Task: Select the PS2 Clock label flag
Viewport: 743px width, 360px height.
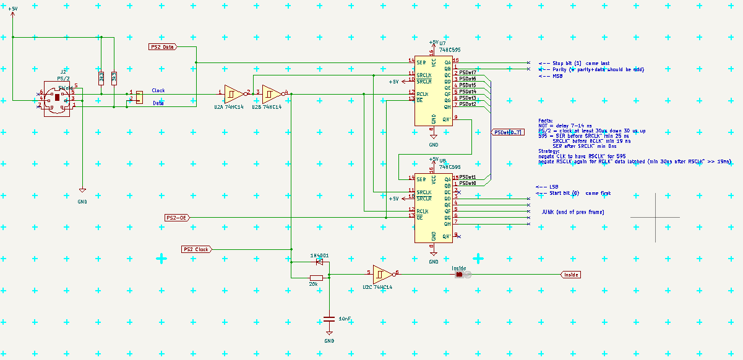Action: [196, 249]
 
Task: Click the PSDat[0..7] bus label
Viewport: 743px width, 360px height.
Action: [509, 132]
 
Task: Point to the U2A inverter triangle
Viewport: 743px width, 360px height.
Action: [233, 93]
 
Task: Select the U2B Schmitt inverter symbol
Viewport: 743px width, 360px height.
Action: [271, 93]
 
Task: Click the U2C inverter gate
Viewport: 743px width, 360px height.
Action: [382, 273]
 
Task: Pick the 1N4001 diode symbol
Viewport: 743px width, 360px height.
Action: [319, 262]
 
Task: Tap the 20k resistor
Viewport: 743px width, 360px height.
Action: [316, 278]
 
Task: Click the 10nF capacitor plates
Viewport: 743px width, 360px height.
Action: [329, 320]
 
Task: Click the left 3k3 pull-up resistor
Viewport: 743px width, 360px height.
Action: [101, 78]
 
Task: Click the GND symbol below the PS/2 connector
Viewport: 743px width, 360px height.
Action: [82, 192]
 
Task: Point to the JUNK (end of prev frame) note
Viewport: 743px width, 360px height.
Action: [572, 212]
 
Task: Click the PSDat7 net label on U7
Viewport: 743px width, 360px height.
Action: [467, 73]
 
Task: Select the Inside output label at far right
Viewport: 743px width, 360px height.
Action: [571, 275]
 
